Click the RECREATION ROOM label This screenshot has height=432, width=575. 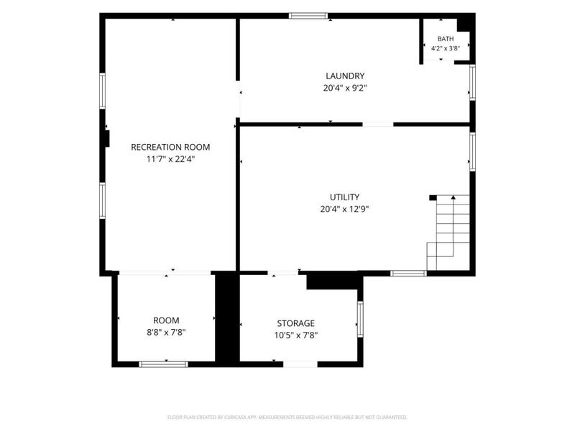point(170,147)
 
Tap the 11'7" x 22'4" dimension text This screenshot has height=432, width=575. point(170,159)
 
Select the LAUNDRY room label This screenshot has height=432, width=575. point(345,76)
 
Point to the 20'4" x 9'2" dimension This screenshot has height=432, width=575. point(345,88)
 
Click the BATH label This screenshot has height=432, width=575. point(446,39)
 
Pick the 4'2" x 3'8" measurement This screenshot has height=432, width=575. point(446,48)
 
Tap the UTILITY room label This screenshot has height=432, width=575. point(345,197)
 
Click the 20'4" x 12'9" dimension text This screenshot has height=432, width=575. point(345,209)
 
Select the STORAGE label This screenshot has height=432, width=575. point(296,323)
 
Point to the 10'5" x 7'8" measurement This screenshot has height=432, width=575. point(296,335)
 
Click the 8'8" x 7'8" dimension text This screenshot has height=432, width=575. point(166,333)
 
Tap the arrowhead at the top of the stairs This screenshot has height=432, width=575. point(454,197)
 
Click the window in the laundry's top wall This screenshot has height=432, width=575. point(308,16)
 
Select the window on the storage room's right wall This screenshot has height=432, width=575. point(360,319)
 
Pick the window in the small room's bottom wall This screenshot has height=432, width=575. point(164,364)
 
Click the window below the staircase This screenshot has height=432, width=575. point(408,274)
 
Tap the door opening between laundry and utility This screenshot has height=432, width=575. point(378,125)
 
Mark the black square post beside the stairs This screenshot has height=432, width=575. point(433,197)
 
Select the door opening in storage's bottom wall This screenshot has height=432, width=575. point(300,364)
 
